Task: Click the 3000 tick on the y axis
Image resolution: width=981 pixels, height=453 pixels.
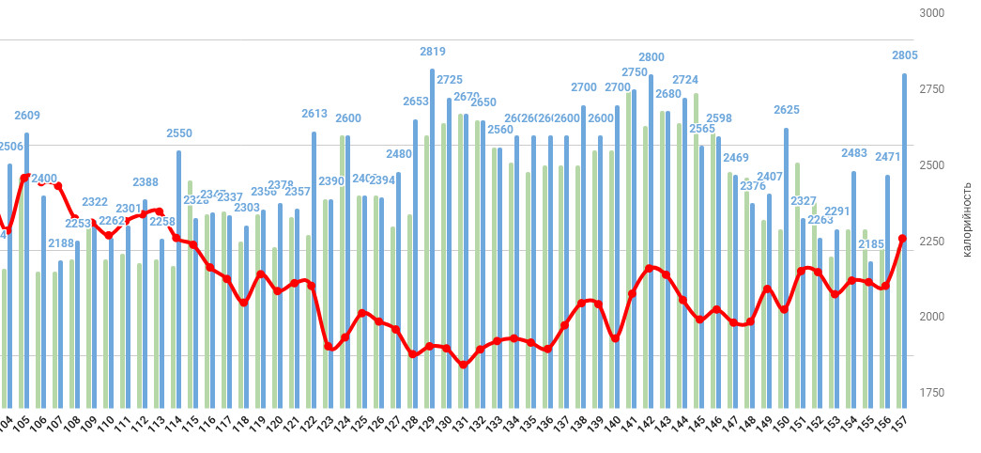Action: pyautogui.click(x=932, y=13)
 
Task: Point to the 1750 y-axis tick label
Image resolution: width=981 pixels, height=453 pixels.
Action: pyautogui.click(x=932, y=392)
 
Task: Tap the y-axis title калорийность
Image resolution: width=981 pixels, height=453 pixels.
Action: pyautogui.click(x=966, y=221)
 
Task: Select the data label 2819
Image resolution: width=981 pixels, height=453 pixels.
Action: pyautogui.click(x=433, y=52)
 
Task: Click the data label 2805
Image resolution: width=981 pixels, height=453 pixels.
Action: pyautogui.click(x=905, y=55)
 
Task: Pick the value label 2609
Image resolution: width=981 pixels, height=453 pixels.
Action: pyautogui.click(x=27, y=116)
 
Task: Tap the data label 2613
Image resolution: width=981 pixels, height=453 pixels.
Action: pyautogui.click(x=314, y=114)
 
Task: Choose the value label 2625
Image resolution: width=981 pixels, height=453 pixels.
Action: pyautogui.click(x=787, y=110)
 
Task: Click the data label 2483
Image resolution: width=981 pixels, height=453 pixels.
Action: pyautogui.click(x=854, y=153)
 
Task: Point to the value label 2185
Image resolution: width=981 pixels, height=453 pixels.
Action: pyautogui.click(x=871, y=244)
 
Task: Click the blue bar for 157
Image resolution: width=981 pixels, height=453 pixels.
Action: pyautogui.click(x=905, y=235)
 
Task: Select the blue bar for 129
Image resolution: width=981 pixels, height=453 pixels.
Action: pyautogui.click(x=433, y=235)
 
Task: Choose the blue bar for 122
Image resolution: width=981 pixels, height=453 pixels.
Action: pyautogui.click(x=314, y=263)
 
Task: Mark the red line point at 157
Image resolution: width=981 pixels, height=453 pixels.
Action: pyautogui.click(x=903, y=239)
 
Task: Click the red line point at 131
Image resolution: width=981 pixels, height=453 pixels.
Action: pyautogui.click(x=464, y=365)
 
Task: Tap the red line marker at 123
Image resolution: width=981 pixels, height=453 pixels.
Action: pyautogui.click(x=329, y=347)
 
